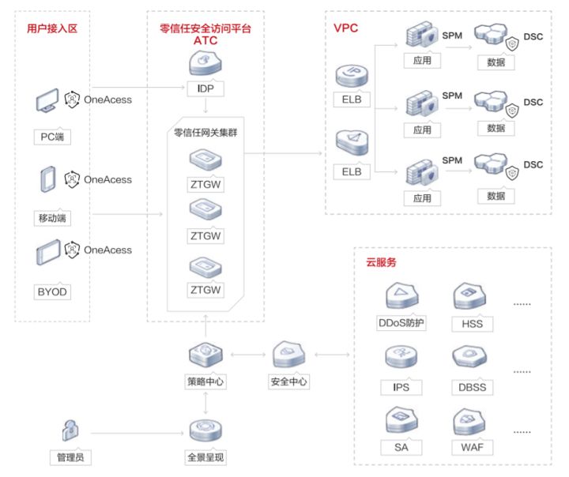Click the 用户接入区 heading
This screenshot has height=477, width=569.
[x=53, y=30]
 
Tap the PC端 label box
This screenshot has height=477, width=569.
[x=52, y=137]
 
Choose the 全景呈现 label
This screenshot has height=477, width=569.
[x=206, y=457]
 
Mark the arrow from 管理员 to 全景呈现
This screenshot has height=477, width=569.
[x=134, y=433]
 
